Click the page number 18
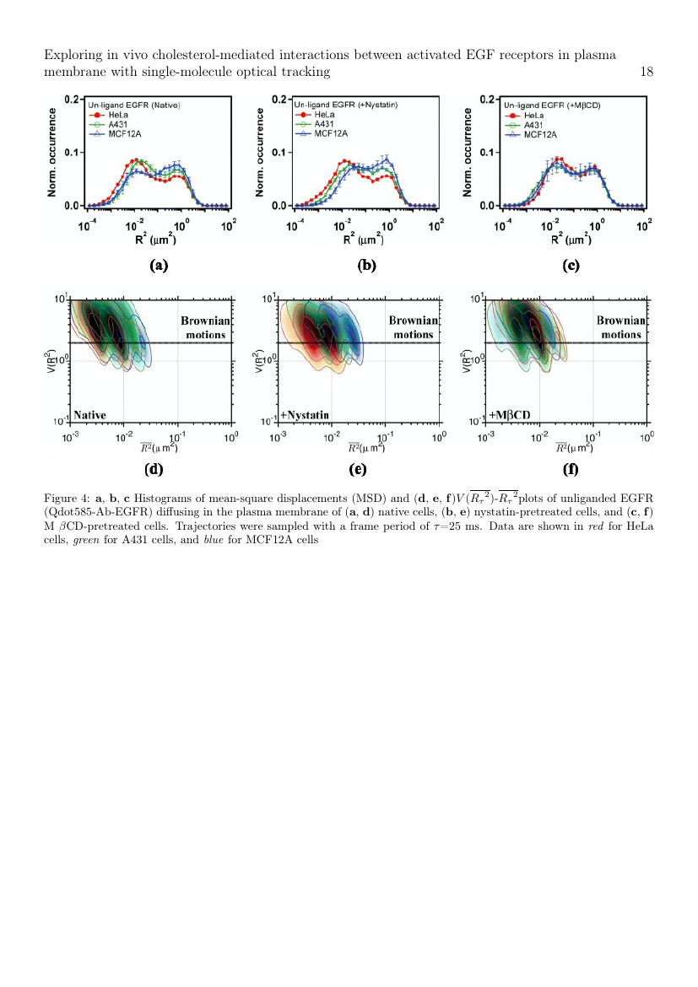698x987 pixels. tap(647, 72)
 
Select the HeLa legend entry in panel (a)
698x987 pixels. tap(109, 116)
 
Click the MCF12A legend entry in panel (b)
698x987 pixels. tap(322, 133)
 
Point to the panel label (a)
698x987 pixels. tap(159, 266)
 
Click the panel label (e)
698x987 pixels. tap(358, 470)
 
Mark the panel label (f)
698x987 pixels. tap(571, 470)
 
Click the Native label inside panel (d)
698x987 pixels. tap(89, 415)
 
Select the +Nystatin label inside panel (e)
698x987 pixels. tap(305, 415)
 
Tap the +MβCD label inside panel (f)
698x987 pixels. tap(510, 415)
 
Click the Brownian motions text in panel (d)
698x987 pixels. tap(205, 328)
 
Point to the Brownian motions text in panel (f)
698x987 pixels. tap(621, 328)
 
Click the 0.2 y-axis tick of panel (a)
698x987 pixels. tap(71, 100)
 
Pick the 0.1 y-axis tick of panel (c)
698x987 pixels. tap(486, 153)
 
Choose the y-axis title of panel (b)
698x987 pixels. tap(260, 153)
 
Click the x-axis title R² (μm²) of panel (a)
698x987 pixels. tap(155, 240)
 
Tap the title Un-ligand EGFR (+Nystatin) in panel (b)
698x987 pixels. tap(346, 105)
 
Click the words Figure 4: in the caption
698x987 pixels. tap(68, 499)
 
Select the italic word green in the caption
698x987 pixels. tap(86, 541)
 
